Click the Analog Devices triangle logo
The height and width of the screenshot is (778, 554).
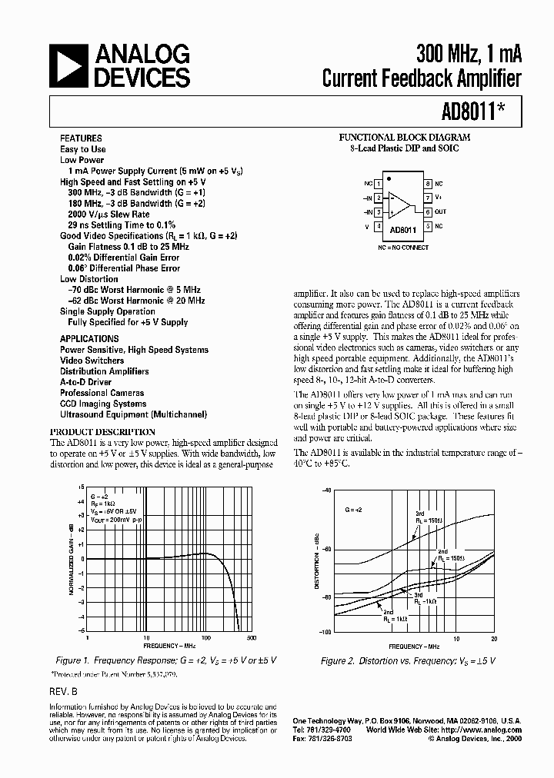(x=69, y=66)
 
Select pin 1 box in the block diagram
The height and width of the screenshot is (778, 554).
(x=379, y=184)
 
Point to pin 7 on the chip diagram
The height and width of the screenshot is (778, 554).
(x=427, y=198)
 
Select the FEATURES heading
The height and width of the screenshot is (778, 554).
(x=80, y=138)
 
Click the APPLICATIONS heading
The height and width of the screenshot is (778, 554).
(x=89, y=338)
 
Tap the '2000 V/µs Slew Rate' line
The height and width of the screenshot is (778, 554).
(x=108, y=214)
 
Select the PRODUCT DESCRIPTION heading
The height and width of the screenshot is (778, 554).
(x=102, y=432)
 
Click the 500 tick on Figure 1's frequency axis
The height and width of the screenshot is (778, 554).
(x=250, y=638)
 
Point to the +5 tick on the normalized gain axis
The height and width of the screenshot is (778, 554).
(x=82, y=487)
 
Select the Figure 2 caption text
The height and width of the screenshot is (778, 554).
(x=408, y=660)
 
